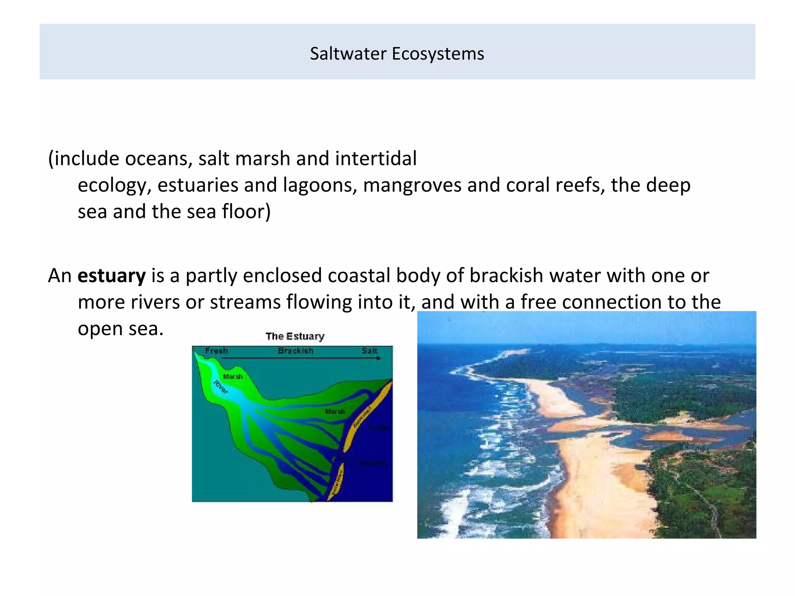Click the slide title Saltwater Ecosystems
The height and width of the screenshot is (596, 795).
397,54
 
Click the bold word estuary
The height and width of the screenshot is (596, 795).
111,276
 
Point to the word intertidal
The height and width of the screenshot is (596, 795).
375,159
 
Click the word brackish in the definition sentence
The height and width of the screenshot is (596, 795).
506,276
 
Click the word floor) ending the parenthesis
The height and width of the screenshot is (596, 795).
246,211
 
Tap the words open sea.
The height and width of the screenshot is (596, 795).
120,329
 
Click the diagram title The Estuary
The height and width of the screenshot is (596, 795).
295,336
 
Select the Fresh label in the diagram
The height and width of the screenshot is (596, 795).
216,351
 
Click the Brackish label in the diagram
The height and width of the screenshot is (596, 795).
295,351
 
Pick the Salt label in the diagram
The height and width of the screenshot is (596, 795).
369,351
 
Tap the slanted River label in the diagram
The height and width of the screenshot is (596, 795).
220,387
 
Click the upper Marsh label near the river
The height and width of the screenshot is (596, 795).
233,376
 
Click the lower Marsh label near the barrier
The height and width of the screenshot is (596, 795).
335,411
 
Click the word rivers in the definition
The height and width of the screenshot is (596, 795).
155,302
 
